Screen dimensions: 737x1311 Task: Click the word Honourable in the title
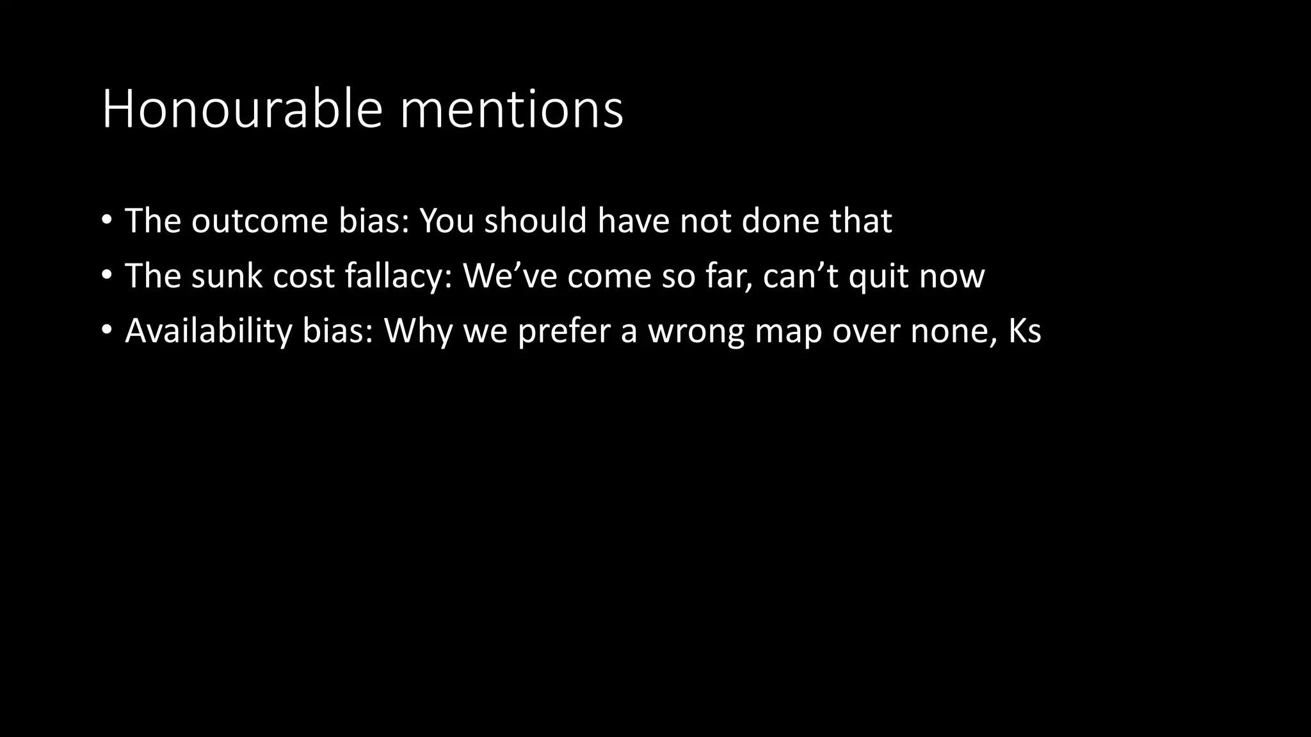coord(242,109)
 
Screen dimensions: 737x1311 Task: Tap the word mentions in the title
coord(511,109)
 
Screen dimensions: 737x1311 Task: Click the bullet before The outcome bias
coord(107,221)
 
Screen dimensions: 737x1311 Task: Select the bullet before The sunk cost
coord(107,276)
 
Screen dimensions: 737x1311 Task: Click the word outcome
coord(259,221)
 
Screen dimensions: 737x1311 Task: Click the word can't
coord(801,276)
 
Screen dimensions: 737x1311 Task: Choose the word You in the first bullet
coord(446,221)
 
